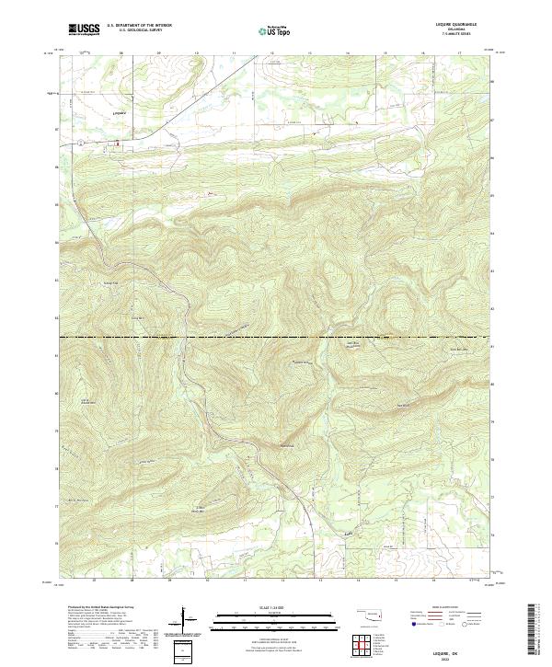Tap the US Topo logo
276,29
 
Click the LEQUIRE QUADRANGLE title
463,26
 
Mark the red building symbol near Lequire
116,143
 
